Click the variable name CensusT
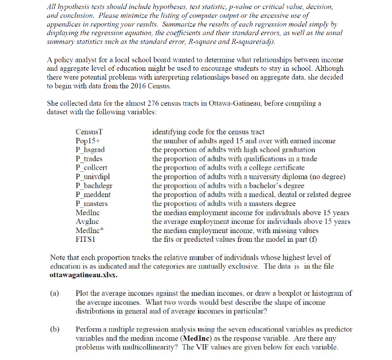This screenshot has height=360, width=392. click(x=88, y=132)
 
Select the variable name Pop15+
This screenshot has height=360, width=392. click(x=87, y=141)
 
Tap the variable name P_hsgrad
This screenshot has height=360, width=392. click(x=90, y=149)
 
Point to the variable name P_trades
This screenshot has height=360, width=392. click(x=89, y=159)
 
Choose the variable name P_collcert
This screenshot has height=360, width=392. click(x=91, y=167)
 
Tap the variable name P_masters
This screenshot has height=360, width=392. click(x=91, y=204)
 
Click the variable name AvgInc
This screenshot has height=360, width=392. click(x=87, y=222)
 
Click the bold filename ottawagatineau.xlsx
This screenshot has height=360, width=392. click(x=83, y=275)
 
